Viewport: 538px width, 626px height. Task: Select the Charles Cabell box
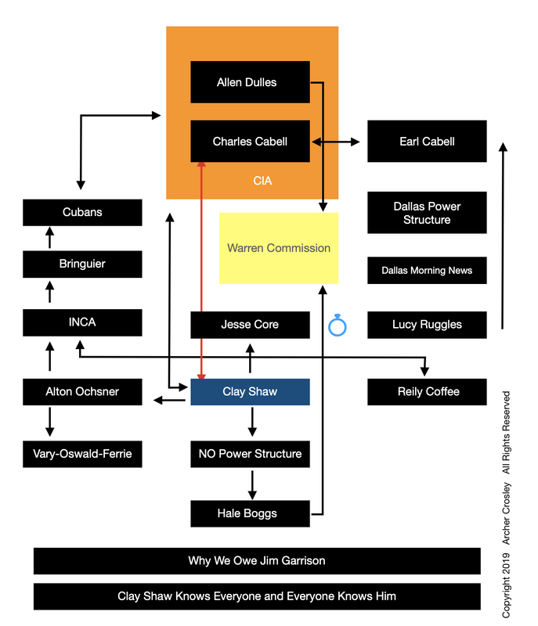pyautogui.click(x=250, y=142)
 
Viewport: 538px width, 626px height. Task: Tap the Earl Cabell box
pyautogui.click(x=427, y=142)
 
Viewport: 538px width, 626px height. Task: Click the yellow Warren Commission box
pyautogui.click(x=279, y=248)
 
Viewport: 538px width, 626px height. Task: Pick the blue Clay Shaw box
pyautogui.click(x=250, y=392)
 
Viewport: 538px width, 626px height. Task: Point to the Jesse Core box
pyautogui.click(x=250, y=325)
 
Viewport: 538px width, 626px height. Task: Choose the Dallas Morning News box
pyautogui.click(x=427, y=271)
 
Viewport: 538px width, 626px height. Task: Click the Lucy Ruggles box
pyautogui.click(x=427, y=325)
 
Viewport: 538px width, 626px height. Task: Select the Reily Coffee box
pyautogui.click(x=427, y=392)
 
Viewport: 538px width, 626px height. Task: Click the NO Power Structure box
pyautogui.click(x=250, y=454)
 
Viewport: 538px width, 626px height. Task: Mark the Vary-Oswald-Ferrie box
pyautogui.click(x=82, y=454)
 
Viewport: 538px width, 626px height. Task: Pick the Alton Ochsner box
pyautogui.click(x=82, y=392)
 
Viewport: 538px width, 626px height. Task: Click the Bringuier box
pyautogui.click(x=82, y=264)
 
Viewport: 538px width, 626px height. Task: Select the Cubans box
pyautogui.click(x=82, y=213)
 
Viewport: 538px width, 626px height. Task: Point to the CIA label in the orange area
pyautogui.click(x=262, y=181)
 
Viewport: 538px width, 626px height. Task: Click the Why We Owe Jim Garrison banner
pyautogui.click(x=257, y=561)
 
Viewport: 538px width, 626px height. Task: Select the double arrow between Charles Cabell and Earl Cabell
pyautogui.click(x=336, y=142)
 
